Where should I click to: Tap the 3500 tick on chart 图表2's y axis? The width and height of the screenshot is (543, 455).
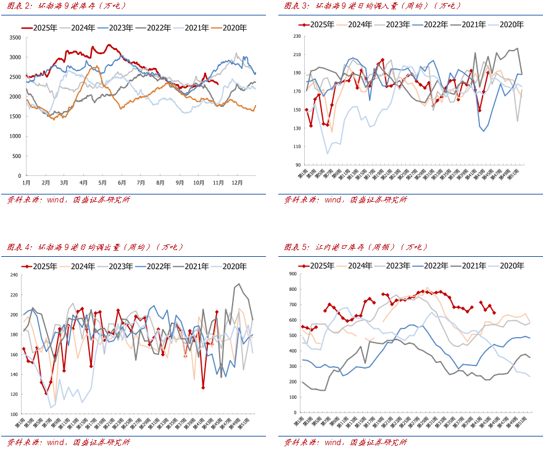(x=15, y=38)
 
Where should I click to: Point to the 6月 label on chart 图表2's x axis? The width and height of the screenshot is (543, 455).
(x=122, y=183)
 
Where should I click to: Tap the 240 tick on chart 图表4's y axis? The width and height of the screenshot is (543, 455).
(x=14, y=275)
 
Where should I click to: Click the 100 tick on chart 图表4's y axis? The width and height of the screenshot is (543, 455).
(x=14, y=414)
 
